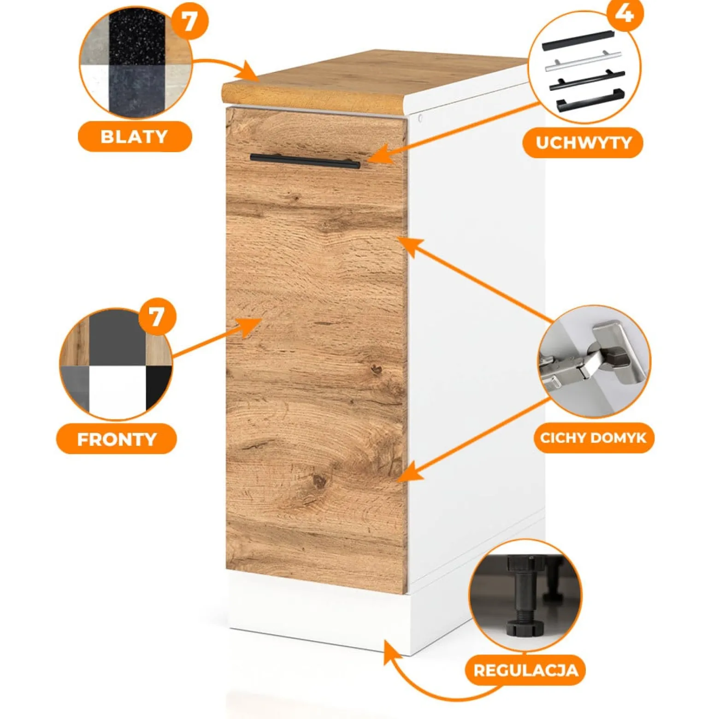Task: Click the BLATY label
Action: coord(134,137)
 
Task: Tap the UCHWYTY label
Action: coord(583,143)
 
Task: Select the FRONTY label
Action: coord(117,439)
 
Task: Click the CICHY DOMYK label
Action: coord(594,437)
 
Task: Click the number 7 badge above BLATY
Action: coord(189,21)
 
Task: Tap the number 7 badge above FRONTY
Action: coord(157,317)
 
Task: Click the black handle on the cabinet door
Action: coord(305,161)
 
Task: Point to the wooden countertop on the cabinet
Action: coord(373,81)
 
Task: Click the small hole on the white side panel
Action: coord(420,118)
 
